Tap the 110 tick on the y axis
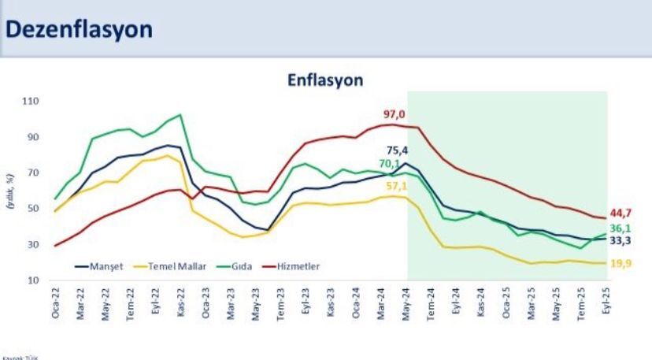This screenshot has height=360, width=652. [31, 102]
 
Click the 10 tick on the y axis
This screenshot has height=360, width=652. [34, 280]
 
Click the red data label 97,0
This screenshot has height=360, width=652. [394, 115]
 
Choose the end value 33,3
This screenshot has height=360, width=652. [622, 240]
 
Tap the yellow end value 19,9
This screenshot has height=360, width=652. [622, 264]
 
